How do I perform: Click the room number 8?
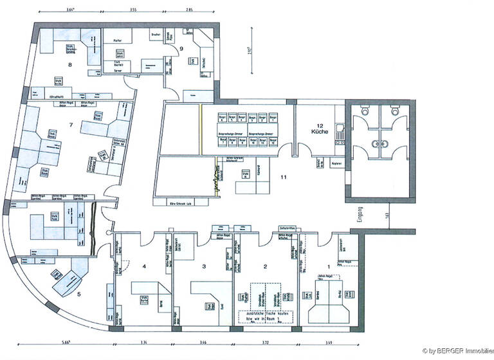(x=69, y=64)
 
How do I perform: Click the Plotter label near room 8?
(x=117, y=40)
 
